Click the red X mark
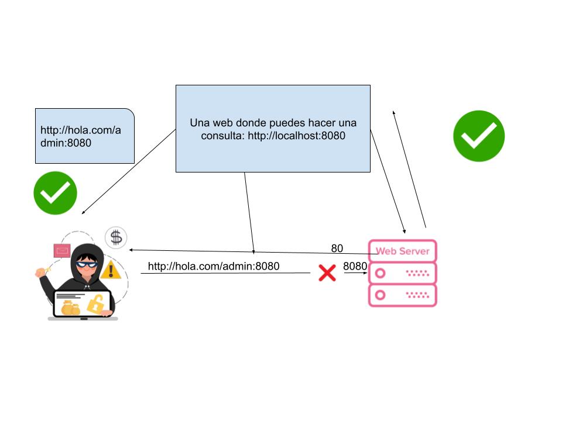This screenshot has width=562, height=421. [x=327, y=272]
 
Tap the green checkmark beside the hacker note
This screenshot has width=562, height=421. [x=55, y=192]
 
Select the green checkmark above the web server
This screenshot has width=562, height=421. [x=479, y=136]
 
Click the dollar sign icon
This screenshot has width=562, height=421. [x=116, y=237]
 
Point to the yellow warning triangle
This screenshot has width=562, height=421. [x=110, y=270]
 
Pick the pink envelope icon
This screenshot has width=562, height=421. [x=61, y=251]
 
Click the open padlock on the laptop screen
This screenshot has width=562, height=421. [x=95, y=304]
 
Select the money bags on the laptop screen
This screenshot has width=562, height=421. [x=70, y=308]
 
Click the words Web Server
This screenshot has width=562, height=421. [x=402, y=251]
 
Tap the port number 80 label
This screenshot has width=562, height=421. [x=337, y=249]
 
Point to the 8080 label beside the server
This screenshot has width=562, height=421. [x=355, y=267]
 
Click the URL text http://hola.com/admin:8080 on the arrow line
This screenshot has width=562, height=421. [x=214, y=267]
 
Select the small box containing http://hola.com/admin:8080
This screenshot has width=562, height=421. [x=85, y=136]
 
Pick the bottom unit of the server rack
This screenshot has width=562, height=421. [x=402, y=295]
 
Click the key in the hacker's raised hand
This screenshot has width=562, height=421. [x=40, y=271]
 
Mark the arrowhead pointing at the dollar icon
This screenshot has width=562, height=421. [x=132, y=250]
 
